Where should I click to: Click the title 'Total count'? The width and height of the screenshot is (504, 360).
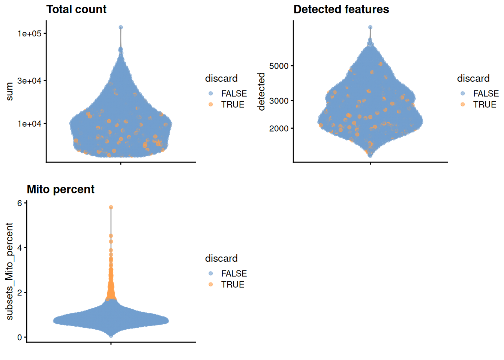click(x=76, y=9)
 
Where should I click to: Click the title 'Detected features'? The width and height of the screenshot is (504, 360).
click(x=341, y=9)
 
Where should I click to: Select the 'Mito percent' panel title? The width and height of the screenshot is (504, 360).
click(x=60, y=189)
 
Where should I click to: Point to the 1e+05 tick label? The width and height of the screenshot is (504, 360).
click(x=29, y=33)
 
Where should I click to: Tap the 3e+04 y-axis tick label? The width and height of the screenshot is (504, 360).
click(x=29, y=81)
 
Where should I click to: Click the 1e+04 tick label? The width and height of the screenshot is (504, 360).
click(x=29, y=124)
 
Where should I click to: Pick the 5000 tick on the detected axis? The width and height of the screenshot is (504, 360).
click(x=279, y=66)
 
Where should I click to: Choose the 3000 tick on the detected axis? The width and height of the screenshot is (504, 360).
click(x=279, y=101)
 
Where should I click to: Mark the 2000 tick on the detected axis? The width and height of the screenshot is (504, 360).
click(x=279, y=129)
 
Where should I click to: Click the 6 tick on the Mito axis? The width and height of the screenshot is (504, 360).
click(x=19, y=203)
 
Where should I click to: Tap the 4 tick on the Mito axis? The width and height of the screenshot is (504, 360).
click(x=19, y=248)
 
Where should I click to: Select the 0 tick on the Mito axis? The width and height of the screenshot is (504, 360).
click(x=19, y=337)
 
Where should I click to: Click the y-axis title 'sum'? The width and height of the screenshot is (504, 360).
click(x=9, y=92)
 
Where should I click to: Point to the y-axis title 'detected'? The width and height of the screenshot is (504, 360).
click(x=261, y=92)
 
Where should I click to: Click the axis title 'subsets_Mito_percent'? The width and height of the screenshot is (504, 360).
click(x=9, y=271)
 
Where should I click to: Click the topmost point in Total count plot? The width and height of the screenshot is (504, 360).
click(x=121, y=27)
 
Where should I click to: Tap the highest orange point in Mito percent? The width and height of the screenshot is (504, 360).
click(x=111, y=207)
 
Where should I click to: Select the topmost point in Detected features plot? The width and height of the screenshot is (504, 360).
click(x=370, y=27)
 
